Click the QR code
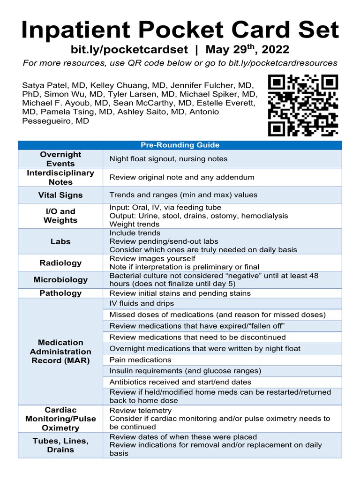303,105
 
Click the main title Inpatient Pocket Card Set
180,30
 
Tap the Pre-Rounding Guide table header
180,145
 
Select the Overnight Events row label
60,159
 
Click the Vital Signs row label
60,195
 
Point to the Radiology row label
60,263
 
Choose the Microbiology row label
60,280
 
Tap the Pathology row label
60,293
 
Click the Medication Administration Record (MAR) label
60,352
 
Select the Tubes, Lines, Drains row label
60,445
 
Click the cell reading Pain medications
140,360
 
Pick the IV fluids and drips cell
142,304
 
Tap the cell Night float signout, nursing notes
168,159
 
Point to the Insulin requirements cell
185,371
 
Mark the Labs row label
60,241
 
